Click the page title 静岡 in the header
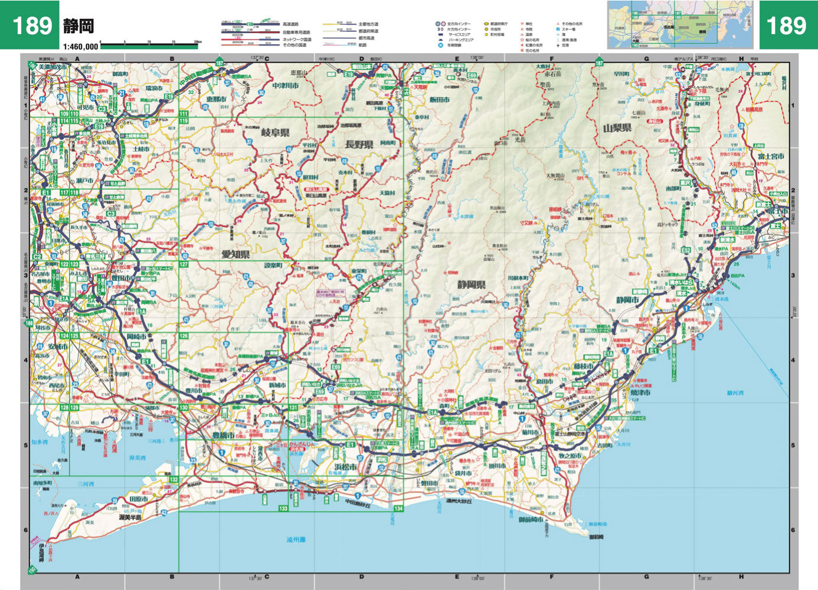click(78, 27)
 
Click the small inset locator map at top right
click(680, 24)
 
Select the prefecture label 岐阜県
click(275, 133)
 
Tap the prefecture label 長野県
click(359, 144)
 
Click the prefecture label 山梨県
click(617, 127)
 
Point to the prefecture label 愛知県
click(235, 254)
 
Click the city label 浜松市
click(346, 467)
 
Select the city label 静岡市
click(627, 300)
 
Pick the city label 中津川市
click(286, 86)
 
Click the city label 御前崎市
click(531, 519)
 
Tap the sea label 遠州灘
click(296, 539)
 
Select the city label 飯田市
click(440, 100)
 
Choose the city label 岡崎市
click(136, 336)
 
